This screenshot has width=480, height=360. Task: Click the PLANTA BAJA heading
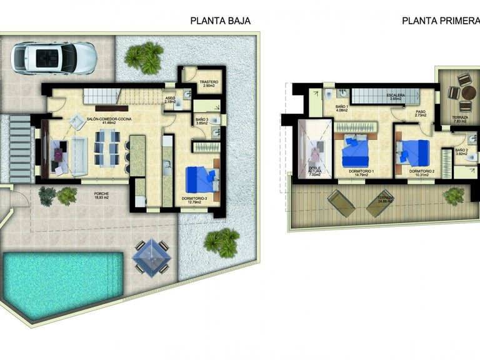(220, 21)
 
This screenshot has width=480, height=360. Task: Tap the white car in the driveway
(54, 58)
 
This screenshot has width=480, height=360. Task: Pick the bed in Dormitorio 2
(415, 152)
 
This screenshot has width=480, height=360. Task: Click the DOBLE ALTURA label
(314, 171)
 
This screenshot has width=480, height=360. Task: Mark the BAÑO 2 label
(461, 152)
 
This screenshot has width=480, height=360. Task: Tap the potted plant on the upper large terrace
(454, 196)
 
